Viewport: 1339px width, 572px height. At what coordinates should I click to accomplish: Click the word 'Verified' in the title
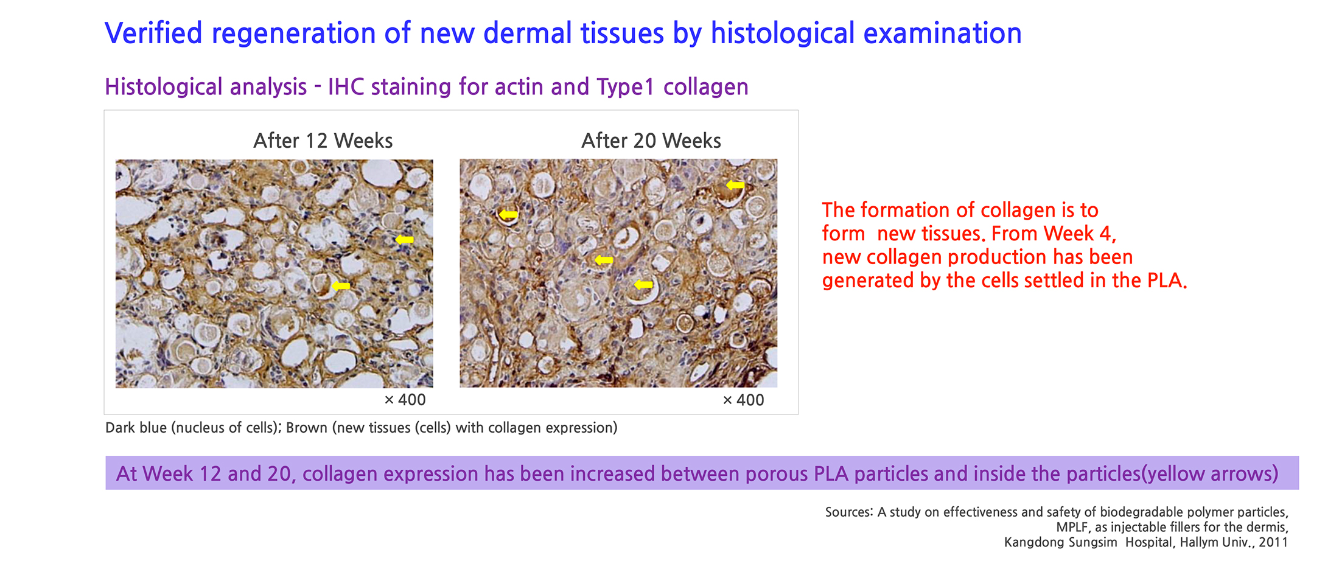tap(153, 33)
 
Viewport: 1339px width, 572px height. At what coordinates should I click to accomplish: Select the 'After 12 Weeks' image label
tap(323, 141)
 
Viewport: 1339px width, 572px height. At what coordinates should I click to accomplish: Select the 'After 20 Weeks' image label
tap(651, 141)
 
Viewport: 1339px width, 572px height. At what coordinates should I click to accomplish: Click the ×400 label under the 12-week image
tap(405, 400)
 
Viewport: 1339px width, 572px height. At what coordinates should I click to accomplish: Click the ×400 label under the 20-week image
tap(743, 400)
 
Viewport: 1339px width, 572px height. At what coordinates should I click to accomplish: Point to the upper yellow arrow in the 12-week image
tap(404, 240)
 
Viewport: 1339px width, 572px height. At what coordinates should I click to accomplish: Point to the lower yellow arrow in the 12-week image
tap(341, 286)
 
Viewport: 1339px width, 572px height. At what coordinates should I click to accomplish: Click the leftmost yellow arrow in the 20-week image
tap(508, 215)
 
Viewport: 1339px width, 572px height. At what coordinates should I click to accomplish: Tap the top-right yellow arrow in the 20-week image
tap(735, 185)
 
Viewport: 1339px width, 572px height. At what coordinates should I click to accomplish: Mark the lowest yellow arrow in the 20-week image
tap(643, 285)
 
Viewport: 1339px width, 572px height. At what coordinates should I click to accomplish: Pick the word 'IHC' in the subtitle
tap(347, 87)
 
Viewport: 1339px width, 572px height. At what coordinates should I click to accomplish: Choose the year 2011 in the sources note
tap(1273, 542)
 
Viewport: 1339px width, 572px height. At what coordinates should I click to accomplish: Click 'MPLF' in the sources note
tap(1072, 528)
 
